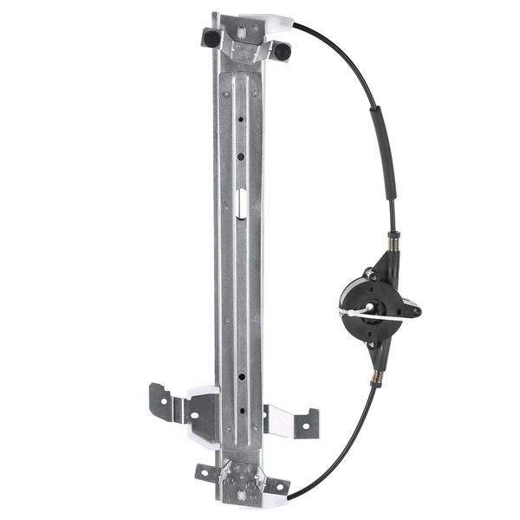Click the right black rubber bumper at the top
[283, 52]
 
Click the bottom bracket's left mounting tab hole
[205, 471]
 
